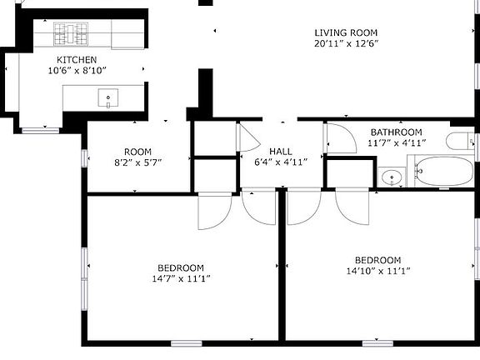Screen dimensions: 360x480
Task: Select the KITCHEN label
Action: pos(76,60)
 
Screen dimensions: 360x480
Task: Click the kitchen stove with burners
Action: pos(70,33)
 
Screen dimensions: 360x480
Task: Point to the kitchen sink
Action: pos(108,99)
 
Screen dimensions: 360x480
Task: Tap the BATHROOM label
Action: pos(396,132)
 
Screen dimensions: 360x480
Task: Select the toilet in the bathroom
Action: pos(460,140)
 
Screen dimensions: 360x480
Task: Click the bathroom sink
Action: pos(391,177)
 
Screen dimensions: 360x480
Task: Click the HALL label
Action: pos(280,151)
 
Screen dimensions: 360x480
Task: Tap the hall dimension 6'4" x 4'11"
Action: pos(280,162)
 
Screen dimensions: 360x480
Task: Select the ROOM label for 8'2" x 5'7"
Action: pos(137,151)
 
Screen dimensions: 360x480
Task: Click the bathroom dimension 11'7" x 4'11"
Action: pos(396,142)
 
